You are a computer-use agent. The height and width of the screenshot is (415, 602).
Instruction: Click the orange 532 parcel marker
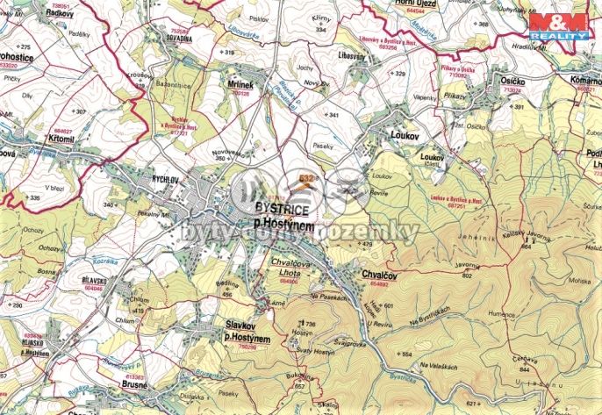[x=305, y=178]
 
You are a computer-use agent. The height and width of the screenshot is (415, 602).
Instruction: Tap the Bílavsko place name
[x=94, y=273]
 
